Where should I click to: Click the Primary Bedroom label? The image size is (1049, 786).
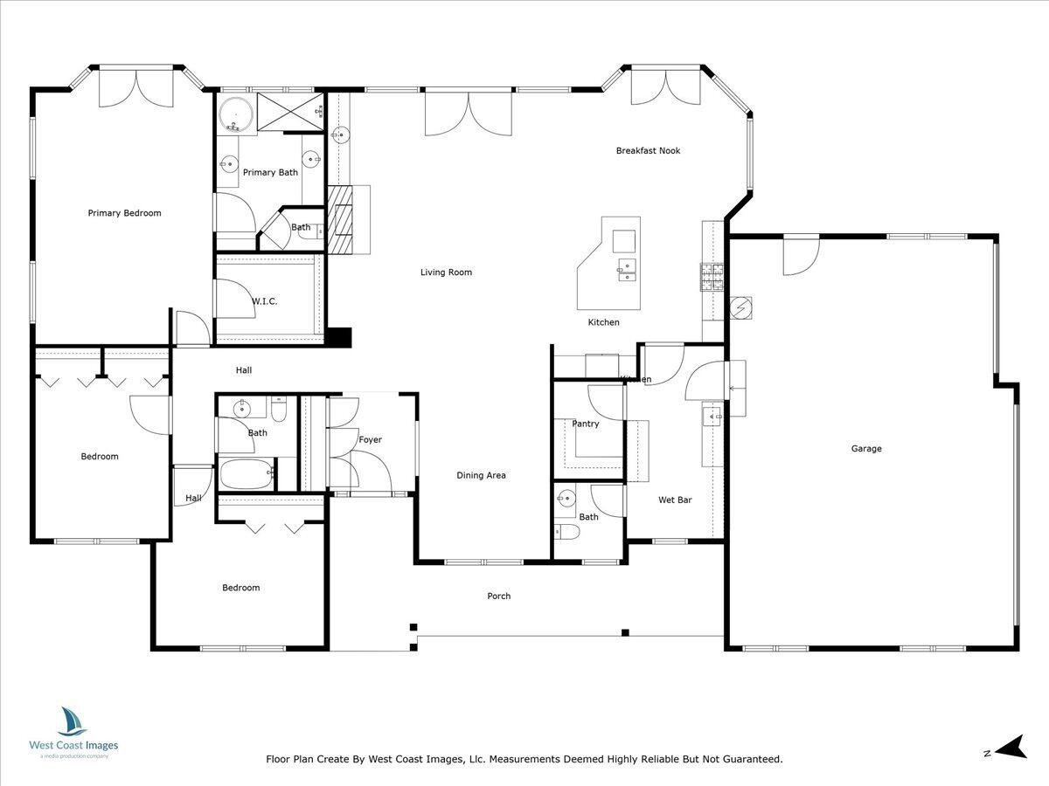coord(124,213)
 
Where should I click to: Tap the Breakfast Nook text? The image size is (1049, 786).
coord(648,151)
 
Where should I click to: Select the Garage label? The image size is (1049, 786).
coord(866,449)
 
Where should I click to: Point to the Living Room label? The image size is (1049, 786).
coord(446,272)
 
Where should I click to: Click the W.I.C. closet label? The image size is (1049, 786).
coord(264,301)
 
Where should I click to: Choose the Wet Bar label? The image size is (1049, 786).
coord(675,500)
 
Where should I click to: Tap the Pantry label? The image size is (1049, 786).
coord(586,424)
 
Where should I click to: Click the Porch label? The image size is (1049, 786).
coord(498,596)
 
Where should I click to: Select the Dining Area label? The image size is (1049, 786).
coord(481,476)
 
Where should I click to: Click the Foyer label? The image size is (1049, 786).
coord(370,440)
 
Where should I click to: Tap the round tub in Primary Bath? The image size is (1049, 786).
coord(233,114)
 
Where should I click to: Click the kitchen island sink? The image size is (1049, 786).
coord(626,266)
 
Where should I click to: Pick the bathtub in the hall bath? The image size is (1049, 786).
coord(246,474)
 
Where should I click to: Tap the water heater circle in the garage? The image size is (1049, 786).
coord(741,308)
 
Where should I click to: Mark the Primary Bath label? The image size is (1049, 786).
coord(270,173)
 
